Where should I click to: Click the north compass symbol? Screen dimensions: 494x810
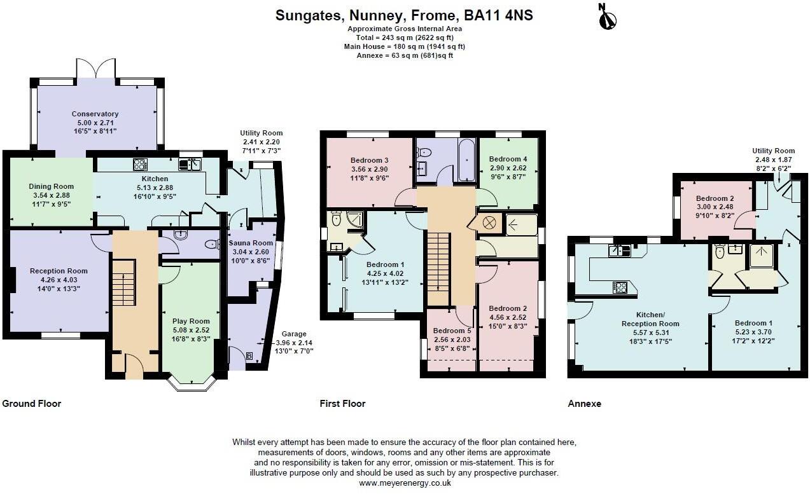coord(608,17)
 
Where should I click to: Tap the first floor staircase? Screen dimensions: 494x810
coord(438,268)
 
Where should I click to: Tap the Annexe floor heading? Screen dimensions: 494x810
coord(584,403)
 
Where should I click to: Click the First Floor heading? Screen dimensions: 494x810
coord(342,403)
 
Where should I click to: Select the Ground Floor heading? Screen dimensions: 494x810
coord(32,403)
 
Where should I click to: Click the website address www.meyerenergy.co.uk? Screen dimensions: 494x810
coord(405,483)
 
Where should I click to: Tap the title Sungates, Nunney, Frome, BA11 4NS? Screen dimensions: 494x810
coord(404,15)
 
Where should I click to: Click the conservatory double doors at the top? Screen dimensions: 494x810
coord(96,68)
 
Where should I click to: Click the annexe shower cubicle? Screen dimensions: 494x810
coord(758,257)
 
